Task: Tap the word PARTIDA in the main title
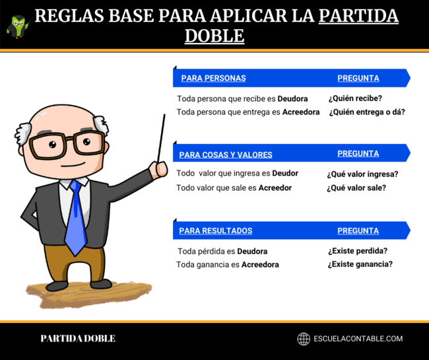point(358,16)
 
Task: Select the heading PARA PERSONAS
point(213,78)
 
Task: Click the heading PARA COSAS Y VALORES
point(226,155)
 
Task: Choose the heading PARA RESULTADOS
point(215,231)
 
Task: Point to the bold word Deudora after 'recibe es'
point(292,98)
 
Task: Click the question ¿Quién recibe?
point(355,98)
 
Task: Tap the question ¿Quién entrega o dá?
point(366,112)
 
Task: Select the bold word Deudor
point(285,173)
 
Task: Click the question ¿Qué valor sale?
point(356,188)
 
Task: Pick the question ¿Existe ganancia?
point(360,264)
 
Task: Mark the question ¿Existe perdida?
point(357,251)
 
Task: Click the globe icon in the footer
point(304,339)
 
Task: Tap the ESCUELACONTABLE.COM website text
point(358,339)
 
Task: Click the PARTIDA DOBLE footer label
point(78,339)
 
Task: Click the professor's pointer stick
point(160,139)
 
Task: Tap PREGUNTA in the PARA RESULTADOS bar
point(358,231)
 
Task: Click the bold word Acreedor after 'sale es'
point(275,188)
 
